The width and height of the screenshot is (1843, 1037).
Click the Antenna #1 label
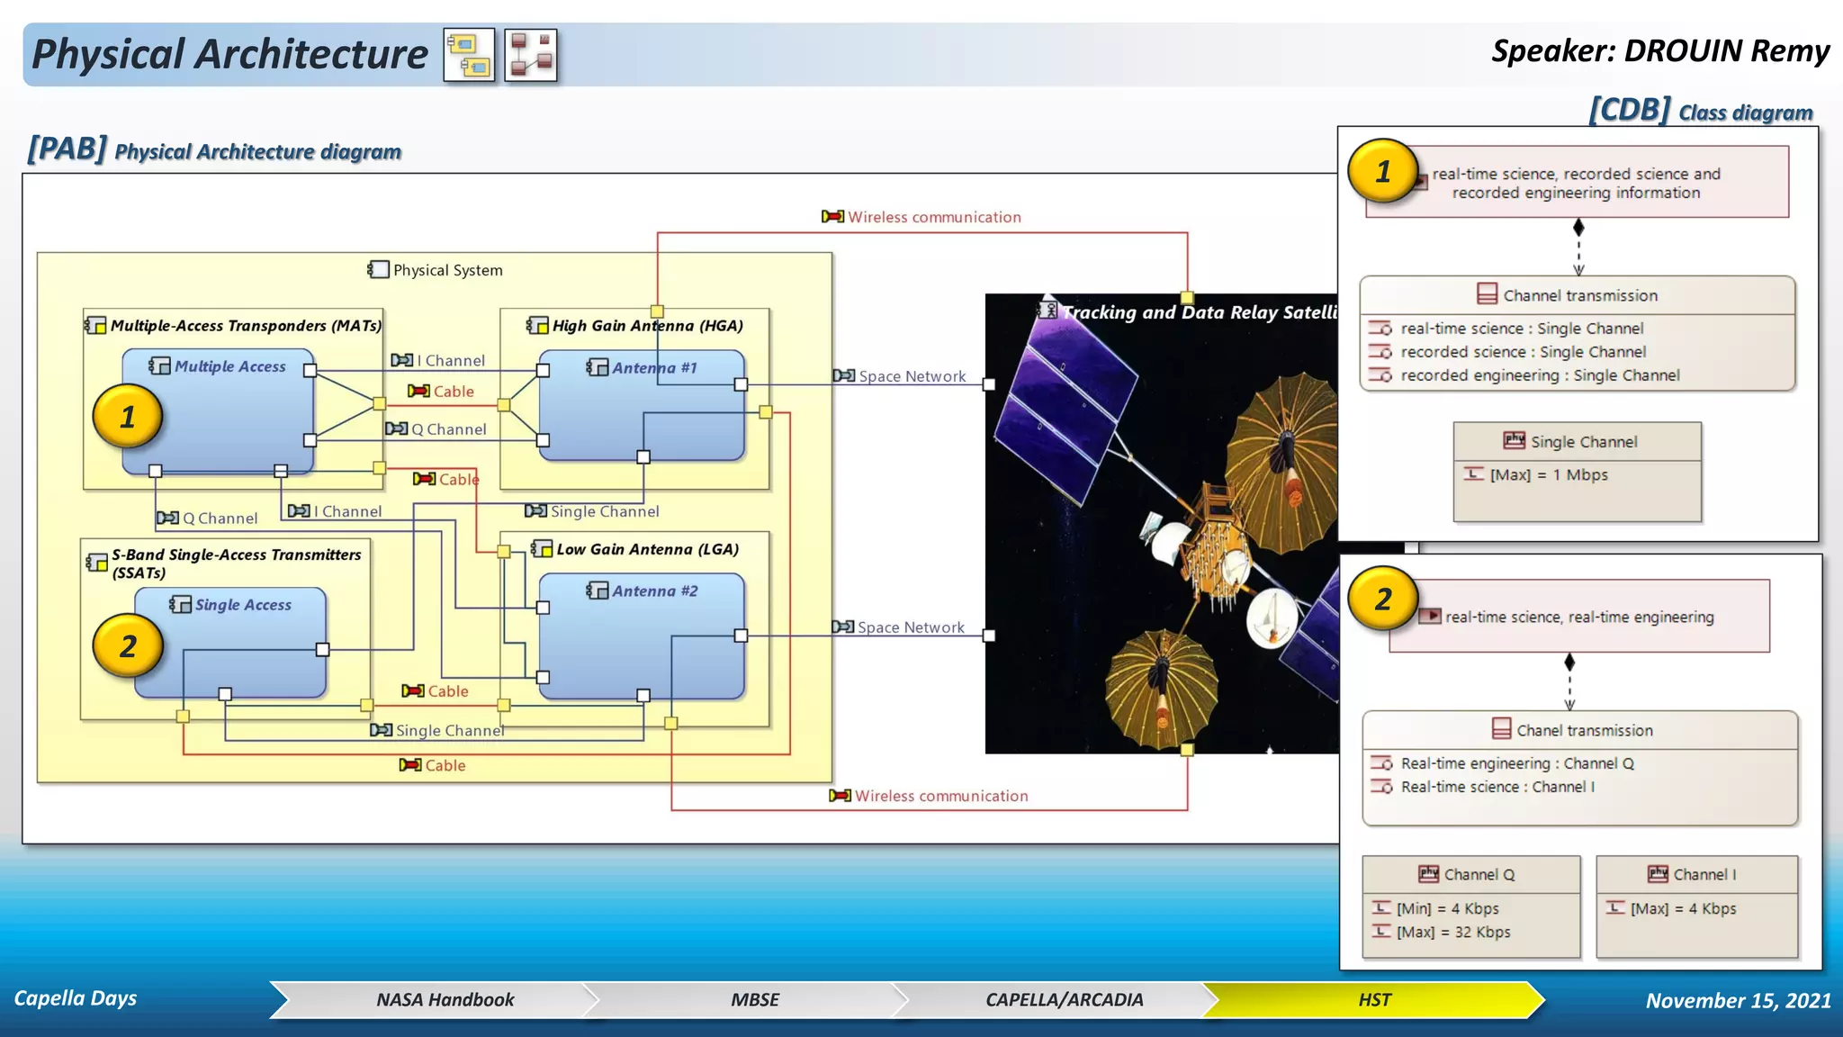click(x=653, y=368)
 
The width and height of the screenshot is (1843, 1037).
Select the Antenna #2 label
click(x=654, y=591)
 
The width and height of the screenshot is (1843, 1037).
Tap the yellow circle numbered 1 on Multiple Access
click(x=128, y=417)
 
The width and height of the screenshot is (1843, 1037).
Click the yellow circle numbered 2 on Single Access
click(x=128, y=645)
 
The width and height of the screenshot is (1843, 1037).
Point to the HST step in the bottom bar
click(x=1374, y=1000)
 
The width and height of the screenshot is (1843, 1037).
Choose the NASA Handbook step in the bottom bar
click(x=445, y=1000)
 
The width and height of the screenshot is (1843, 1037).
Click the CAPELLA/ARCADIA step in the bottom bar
click(x=1064, y=1000)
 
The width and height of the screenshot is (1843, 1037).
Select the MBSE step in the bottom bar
click(x=754, y=1000)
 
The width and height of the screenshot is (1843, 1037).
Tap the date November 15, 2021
click(x=1738, y=1001)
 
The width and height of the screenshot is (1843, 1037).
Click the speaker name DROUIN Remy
click(x=1726, y=51)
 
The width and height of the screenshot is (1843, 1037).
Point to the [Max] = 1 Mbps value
click(x=1548, y=475)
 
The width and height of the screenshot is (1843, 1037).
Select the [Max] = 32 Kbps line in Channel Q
click(x=1452, y=933)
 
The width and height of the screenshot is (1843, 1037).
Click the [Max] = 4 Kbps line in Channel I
click(x=1683, y=909)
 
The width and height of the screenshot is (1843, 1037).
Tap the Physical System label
click(x=447, y=270)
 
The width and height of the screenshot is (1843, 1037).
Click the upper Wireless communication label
click(x=933, y=217)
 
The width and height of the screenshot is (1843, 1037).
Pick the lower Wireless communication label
click(x=940, y=796)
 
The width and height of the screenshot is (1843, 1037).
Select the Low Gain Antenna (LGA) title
click(x=647, y=549)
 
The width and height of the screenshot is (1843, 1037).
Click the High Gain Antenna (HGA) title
click(x=647, y=326)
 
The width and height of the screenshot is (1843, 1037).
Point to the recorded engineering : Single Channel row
click(x=1539, y=375)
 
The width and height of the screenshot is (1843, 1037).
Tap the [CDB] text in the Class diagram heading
click(x=1630, y=110)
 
